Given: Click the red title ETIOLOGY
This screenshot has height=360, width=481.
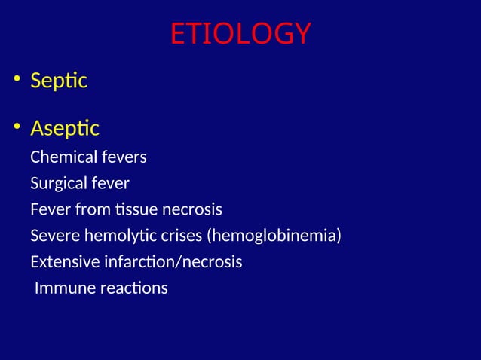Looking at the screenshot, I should pos(240,34).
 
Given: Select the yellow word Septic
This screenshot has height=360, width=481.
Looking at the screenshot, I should pos(59,81).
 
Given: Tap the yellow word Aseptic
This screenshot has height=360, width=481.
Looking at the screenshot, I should pos(65,129).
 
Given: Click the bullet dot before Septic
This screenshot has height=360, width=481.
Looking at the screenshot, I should pos(15,81).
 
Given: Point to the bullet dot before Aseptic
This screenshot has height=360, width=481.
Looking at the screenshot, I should pos(15,129).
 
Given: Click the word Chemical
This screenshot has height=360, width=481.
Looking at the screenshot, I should pos(64,157).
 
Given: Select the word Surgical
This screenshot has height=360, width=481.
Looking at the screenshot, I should pos(58,184).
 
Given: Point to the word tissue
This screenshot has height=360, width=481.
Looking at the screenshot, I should pos(134,209).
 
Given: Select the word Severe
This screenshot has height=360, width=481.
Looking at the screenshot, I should pos(52,236).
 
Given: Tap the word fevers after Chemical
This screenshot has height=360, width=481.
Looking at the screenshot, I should pos(124,157).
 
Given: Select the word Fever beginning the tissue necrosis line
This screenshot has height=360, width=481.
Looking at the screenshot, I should pos(47,209).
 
